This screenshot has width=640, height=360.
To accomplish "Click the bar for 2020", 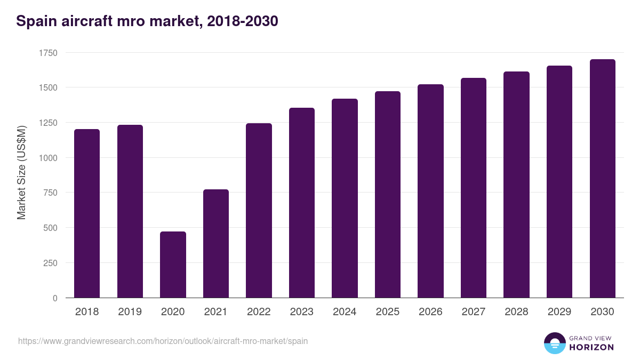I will (173, 265).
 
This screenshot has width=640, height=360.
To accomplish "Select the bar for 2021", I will (216, 244).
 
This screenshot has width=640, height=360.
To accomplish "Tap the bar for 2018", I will (87, 213).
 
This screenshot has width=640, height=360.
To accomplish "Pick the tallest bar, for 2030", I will (602, 179).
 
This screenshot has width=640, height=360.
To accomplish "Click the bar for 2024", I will (345, 198).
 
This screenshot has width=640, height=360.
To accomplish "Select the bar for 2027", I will (474, 188).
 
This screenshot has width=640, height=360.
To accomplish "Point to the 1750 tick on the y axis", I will (48, 53).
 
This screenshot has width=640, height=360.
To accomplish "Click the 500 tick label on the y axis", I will (50, 228).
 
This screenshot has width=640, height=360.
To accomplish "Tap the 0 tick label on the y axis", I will (55, 298).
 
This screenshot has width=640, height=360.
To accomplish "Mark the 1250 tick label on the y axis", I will (48, 123).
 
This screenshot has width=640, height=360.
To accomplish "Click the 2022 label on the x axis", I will (259, 312).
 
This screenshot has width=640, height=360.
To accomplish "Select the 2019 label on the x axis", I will (130, 312).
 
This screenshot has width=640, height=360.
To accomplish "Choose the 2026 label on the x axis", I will (430, 312).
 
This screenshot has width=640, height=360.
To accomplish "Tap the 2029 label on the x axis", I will (559, 312).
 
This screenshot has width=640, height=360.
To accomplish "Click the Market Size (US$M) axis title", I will (21, 172).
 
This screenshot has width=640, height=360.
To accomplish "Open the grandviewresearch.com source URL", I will (163, 341).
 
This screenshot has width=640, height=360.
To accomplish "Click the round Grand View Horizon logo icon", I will (554, 343).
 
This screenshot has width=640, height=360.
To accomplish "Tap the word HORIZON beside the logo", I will (591, 347).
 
